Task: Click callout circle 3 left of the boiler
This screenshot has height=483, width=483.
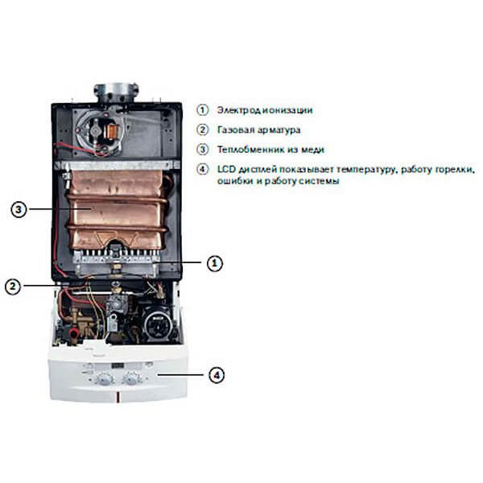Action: click(20, 210)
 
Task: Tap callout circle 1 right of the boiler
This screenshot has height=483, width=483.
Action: click(213, 262)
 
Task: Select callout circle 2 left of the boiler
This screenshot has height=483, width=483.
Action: click(13, 285)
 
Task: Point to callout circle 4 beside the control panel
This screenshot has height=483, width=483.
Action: click(215, 374)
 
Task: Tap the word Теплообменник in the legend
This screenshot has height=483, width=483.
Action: click(249, 150)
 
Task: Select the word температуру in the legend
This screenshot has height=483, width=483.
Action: click(359, 170)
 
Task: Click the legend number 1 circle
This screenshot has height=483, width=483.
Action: click(202, 110)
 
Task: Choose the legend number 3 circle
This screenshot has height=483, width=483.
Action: click(202, 150)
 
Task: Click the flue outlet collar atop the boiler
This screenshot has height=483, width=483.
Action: click(118, 90)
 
